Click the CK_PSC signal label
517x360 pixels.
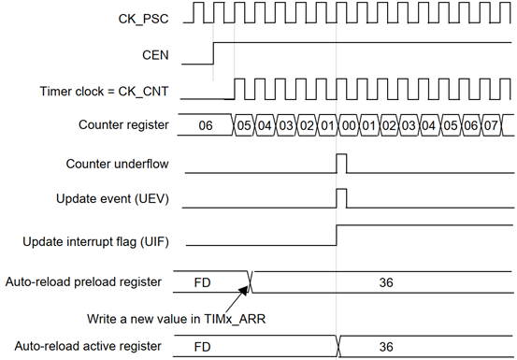143,19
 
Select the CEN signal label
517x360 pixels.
155,55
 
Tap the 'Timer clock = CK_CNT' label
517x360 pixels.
104,92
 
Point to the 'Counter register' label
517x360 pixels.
123,124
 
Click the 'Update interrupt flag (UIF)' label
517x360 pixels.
95,241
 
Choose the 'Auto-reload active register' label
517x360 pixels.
88,346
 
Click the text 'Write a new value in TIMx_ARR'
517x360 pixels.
176,319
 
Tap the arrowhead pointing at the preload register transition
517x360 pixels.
244,290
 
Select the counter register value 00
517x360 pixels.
349,125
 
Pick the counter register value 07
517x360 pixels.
491,125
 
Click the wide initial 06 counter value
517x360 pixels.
206,125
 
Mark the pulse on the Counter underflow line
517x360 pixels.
341,164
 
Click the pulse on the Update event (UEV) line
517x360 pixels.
341,198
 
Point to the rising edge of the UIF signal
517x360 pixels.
337,236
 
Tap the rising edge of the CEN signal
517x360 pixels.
213,53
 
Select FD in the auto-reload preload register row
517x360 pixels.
203,282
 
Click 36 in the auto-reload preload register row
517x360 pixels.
386,282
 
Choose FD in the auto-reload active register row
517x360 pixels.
203,347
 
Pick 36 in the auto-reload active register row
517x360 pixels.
386,347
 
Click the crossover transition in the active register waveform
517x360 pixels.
338,346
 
